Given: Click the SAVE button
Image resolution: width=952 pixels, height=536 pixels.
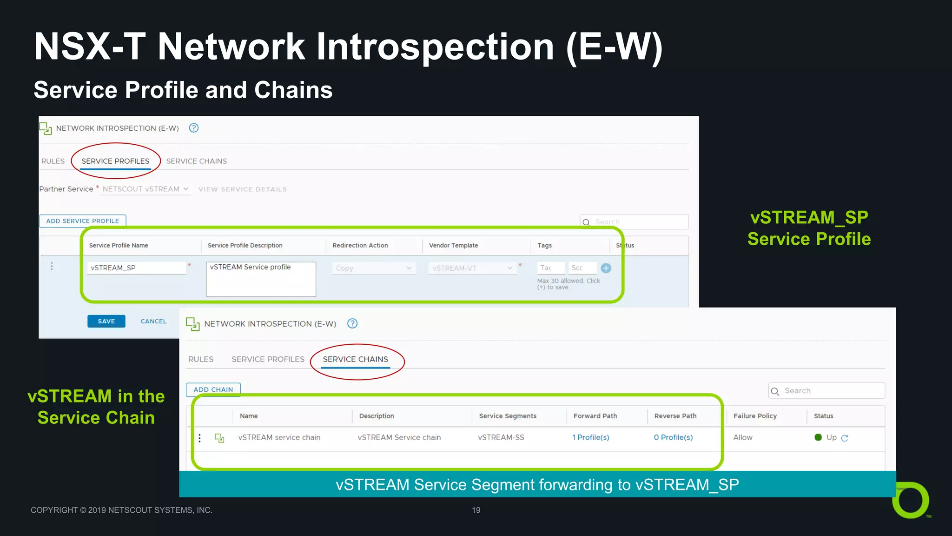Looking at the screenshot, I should coord(106,322).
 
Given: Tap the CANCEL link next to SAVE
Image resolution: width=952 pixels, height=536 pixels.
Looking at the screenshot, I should coord(153,322).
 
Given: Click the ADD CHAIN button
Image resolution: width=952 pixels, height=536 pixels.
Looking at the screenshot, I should coord(213,389).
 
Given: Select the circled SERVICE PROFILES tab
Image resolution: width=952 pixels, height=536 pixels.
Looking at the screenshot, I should coord(115,161).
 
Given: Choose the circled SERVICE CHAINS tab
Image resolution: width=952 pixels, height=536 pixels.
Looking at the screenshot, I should coord(355,359).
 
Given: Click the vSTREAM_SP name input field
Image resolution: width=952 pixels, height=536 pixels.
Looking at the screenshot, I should coord(137,268).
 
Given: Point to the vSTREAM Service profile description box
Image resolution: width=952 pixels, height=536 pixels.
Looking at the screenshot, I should coord(261,279).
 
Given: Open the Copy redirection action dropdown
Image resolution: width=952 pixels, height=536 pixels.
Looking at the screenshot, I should coord(373,268).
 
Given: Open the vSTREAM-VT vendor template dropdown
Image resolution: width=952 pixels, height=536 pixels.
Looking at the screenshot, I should coord(472,268).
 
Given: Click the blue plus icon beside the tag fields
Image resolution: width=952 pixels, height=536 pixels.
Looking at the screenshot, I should coord(606,268).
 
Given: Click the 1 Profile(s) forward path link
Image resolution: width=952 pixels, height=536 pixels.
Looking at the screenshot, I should coord(590,437).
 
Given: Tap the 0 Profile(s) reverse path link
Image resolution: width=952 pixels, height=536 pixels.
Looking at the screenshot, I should coord(673,437).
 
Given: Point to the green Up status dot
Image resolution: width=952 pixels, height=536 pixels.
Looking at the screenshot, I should coord(818,437).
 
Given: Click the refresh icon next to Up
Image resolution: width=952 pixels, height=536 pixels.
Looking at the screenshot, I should coord(845,438).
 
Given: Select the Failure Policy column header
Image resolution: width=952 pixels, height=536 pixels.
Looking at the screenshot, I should coord(755,416).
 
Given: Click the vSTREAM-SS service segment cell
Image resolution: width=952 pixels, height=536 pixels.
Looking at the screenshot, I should coord(501,437).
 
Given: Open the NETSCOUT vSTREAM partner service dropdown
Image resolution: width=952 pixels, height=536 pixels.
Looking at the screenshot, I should coord(145,189).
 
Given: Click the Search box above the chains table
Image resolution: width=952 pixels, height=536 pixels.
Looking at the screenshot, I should coord(826,391).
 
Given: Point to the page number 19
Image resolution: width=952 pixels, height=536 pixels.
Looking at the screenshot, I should coord(476,510).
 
